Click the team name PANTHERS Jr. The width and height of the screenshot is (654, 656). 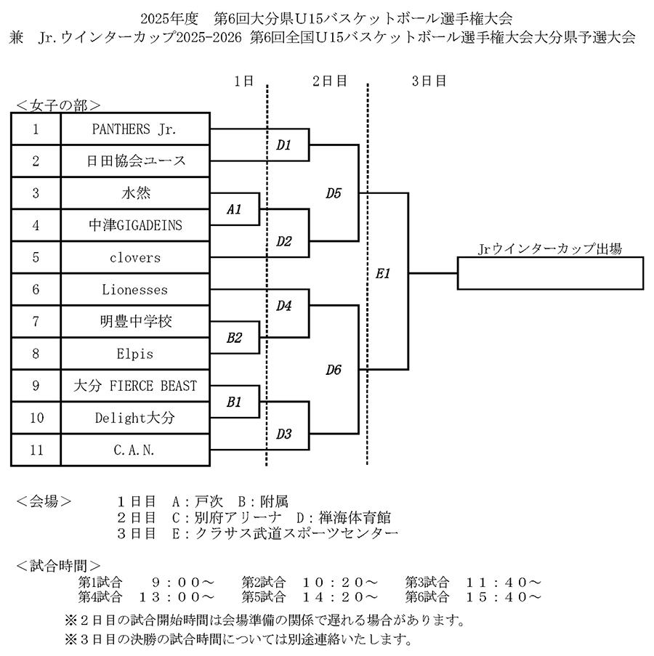point(135,130)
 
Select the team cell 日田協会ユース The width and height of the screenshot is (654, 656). point(135,162)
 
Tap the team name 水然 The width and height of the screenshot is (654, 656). point(135,194)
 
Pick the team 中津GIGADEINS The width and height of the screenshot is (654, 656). point(135,226)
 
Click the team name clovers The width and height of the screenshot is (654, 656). point(135,258)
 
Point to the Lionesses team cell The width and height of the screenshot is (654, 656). point(135,290)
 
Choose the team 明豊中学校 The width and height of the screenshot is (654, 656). point(135,322)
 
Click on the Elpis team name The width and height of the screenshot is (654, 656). point(135,354)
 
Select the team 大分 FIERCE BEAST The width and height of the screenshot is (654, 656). point(135,386)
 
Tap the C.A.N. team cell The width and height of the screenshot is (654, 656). point(135,450)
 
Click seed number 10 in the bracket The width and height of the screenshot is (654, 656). point(36,418)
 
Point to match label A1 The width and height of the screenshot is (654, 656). point(234,209)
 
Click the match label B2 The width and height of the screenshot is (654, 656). point(234,338)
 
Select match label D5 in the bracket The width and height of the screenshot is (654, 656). point(334,193)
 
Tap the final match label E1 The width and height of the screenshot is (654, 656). point(384,274)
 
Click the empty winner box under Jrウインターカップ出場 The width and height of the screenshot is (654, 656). point(550,274)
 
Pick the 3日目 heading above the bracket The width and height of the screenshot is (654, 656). point(429,81)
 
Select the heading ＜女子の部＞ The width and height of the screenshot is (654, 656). point(58,105)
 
